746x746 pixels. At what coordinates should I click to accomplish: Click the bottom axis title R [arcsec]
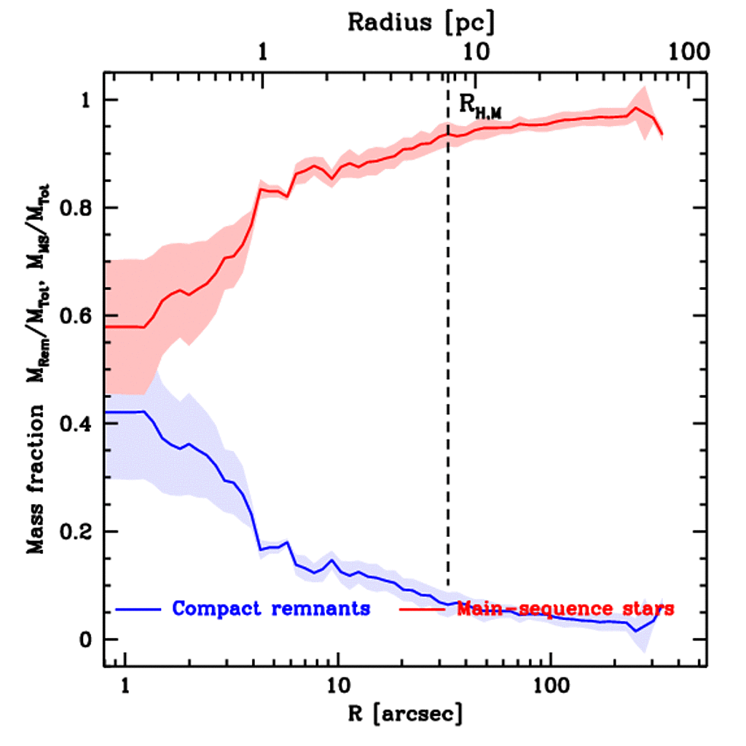pyautogui.click(x=404, y=714)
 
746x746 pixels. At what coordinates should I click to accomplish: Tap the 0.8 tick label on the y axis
pyautogui.click(x=76, y=208)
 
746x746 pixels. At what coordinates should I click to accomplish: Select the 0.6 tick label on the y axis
pyautogui.click(x=76, y=316)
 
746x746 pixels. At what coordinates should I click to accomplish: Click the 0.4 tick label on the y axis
pyautogui.click(x=76, y=424)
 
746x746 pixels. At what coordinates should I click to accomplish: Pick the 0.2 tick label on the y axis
pyautogui.click(x=76, y=532)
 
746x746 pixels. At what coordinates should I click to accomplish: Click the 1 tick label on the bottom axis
pyautogui.click(x=125, y=686)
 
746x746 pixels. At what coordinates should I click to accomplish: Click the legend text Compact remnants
pyautogui.click(x=271, y=608)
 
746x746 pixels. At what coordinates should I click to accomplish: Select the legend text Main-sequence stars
pyautogui.click(x=565, y=608)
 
